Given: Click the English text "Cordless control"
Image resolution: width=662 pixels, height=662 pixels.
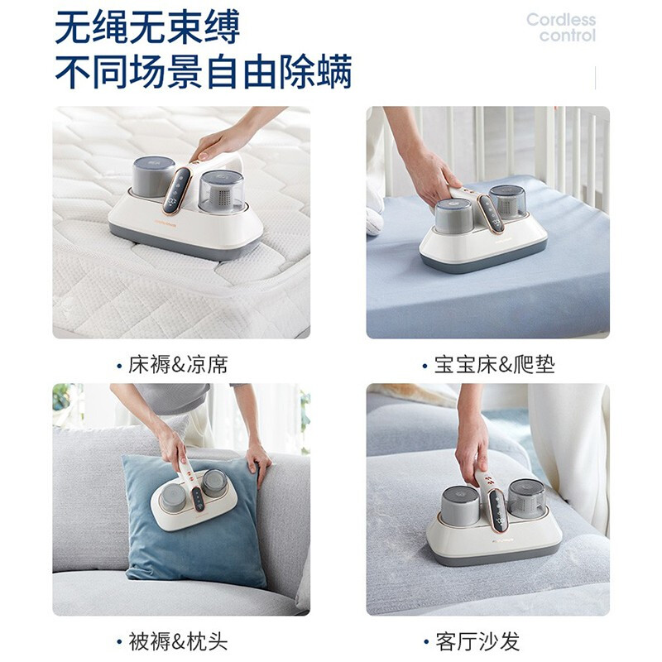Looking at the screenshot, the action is [561, 27].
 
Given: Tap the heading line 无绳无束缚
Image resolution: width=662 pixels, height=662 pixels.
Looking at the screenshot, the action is [147, 27].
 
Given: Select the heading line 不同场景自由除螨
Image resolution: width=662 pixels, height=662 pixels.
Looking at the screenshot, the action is [203, 71].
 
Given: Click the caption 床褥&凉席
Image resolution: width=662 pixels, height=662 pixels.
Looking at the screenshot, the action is [178, 365].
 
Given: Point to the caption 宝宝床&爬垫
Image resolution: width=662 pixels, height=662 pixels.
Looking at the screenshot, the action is [494, 365].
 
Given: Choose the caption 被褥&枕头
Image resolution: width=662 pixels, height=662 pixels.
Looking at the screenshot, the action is [178, 641].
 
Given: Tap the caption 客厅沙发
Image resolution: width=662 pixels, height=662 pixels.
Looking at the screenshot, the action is [477, 641].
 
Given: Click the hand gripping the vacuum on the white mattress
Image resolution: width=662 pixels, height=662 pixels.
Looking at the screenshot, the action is [219, 142].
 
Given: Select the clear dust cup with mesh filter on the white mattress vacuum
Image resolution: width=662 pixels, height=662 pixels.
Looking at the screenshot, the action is [221, 192].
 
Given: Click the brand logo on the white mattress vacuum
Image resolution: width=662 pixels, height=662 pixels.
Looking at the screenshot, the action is [165, 223].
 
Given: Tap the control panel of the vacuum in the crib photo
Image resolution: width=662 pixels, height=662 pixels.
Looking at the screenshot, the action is [492, 214].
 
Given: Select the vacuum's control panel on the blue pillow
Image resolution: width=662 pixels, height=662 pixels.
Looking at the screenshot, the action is [198, 499].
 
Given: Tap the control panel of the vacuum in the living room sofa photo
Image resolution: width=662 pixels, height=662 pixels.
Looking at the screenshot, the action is [497, 511].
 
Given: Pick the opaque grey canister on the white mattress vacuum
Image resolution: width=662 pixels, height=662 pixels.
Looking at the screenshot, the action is [153, 176].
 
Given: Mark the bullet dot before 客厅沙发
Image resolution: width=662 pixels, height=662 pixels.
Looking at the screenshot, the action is [426, 642].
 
